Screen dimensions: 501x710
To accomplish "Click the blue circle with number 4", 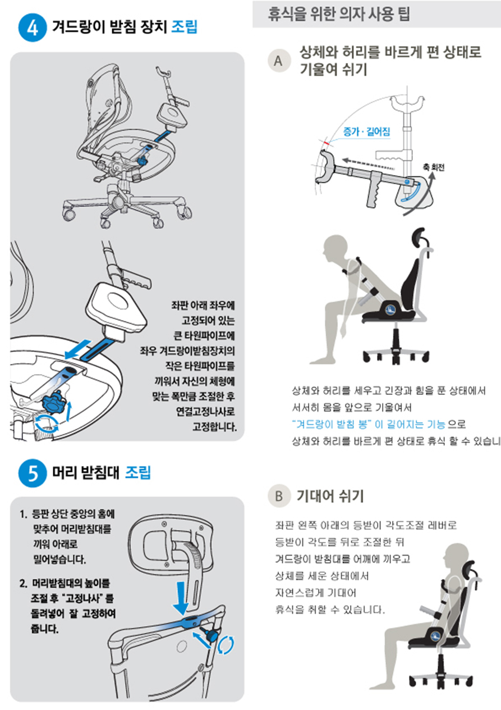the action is click(x=33, y=28).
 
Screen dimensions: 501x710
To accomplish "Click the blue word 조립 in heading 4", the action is click(x=184, y=26).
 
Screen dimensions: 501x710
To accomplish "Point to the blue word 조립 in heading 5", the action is click(x=138, y=472).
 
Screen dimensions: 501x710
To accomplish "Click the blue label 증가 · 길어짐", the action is click(x=366, y=131).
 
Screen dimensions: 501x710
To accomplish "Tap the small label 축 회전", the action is click(x=434, y=168).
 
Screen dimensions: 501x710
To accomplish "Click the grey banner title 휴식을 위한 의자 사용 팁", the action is click(x=339, y=14).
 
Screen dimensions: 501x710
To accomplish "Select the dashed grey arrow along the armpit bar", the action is click(x=369, y=163).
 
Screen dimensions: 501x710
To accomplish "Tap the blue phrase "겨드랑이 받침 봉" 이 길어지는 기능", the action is click(x=369, y=424).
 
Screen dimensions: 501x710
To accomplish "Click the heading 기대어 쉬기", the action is click(x=330, y=496).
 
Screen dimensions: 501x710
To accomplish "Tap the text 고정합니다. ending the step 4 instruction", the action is click(x=214, y=427).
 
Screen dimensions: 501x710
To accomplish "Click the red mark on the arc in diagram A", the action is click(x=327, y=144).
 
